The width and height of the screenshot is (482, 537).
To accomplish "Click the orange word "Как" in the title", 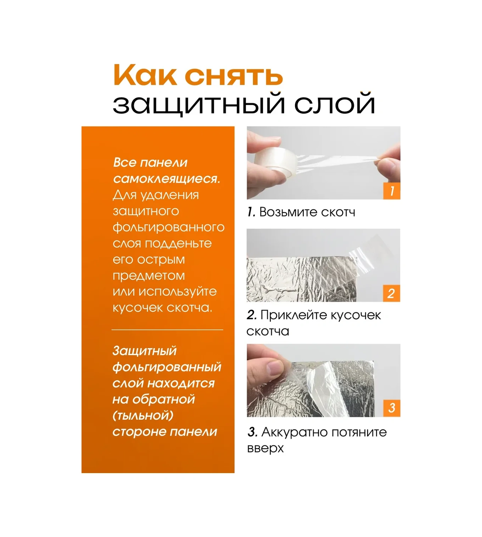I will coord(145,75).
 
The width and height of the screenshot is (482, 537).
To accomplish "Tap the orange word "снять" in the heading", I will coord(234,76).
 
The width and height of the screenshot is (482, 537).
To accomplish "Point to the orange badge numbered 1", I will coord(392,191).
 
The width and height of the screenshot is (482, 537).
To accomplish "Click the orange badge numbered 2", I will coord(392,294).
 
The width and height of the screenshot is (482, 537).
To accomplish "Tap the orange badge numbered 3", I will coord(392,408).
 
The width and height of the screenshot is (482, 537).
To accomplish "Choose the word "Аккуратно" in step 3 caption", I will coord(294,432).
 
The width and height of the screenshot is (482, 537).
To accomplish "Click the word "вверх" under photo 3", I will coord(265,448).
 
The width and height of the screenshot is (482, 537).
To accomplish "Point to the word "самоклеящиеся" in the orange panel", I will coord(166,179).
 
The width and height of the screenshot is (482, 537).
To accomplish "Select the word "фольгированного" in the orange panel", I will coord(168,227).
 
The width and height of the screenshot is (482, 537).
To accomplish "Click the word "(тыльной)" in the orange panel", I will coord(143,416).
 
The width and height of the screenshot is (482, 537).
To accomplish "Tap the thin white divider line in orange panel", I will coord(167,330).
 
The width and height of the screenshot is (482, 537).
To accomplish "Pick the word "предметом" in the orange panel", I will coord(149,276).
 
